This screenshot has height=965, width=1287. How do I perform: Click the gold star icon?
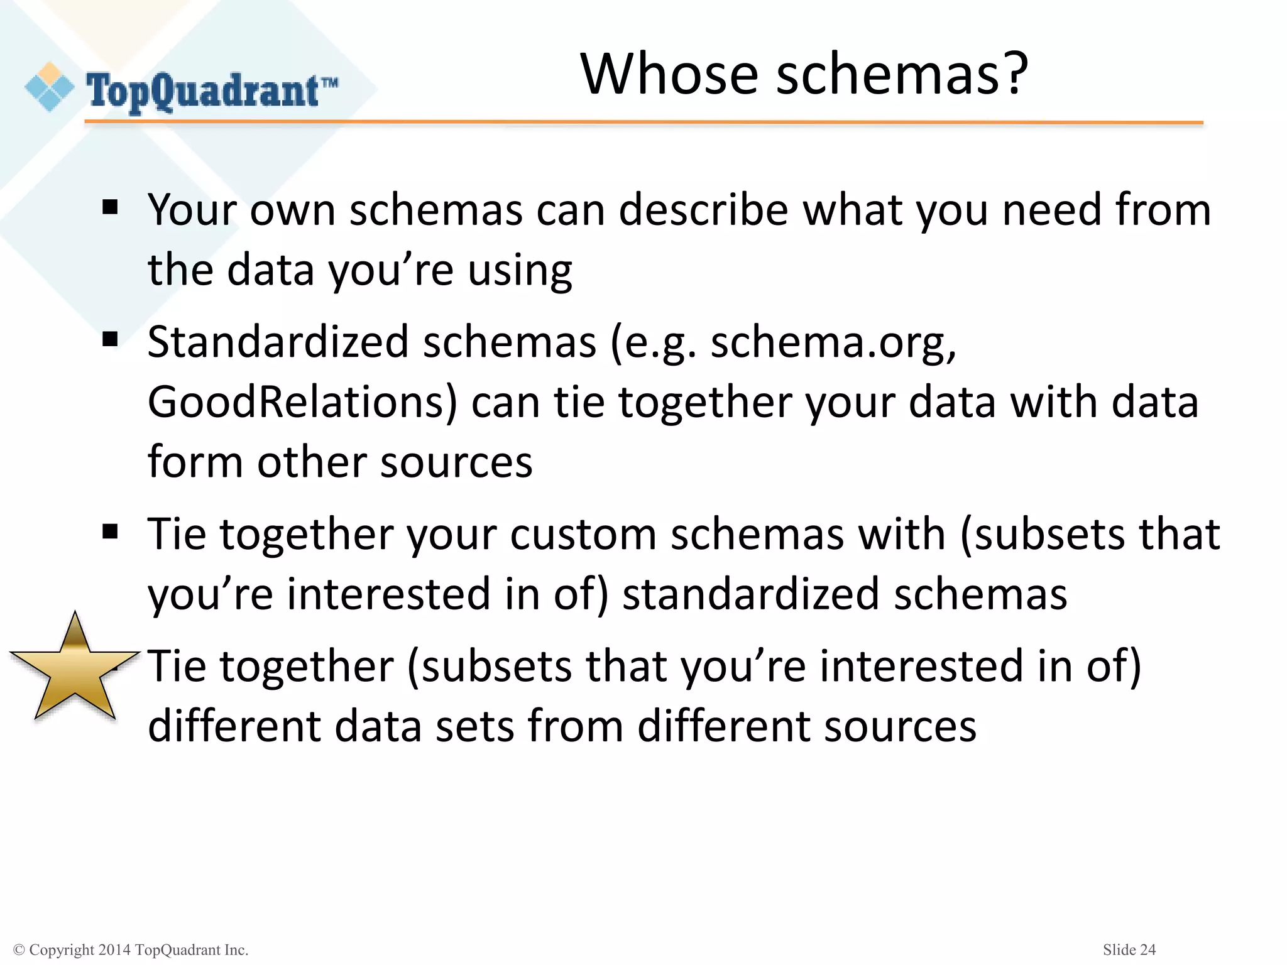coord(75,670)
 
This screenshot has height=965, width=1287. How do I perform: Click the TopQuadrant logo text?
coord(202,92)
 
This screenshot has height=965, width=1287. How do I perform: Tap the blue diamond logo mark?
coord(49,87)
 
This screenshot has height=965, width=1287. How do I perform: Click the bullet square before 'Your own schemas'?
coord(110,207)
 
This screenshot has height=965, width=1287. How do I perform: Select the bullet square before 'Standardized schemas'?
coord(110,340)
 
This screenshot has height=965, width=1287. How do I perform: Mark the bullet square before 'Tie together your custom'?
coord(110,532)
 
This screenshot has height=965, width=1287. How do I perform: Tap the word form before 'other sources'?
coord(195,462)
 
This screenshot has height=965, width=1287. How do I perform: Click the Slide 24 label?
coord(1129,950)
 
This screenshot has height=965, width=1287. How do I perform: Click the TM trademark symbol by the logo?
coord(330,82)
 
